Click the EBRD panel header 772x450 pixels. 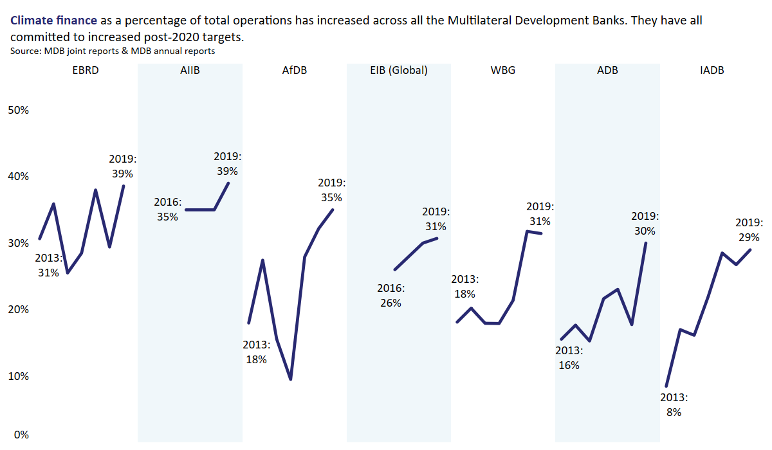pos(86,71)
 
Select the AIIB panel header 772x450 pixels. pos(190,71)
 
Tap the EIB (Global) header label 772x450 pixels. pos(398,71)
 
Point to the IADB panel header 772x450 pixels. pos(712,71)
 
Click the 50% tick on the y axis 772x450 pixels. pos(18,110)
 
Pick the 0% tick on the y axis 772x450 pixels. pos(21,435)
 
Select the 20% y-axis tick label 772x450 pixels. pos(18,309)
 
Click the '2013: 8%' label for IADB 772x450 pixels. pos(674,404)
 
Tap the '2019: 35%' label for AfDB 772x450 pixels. pos(332,190)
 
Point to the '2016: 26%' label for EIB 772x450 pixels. pos(390,295)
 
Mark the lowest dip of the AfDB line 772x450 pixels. pos(291,379)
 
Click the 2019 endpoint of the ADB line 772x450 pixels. pos(645,243)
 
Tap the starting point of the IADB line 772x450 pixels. pos(666,386)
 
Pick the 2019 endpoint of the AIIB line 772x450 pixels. pos(228,183)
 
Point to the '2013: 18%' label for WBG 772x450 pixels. pos(464,286)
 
